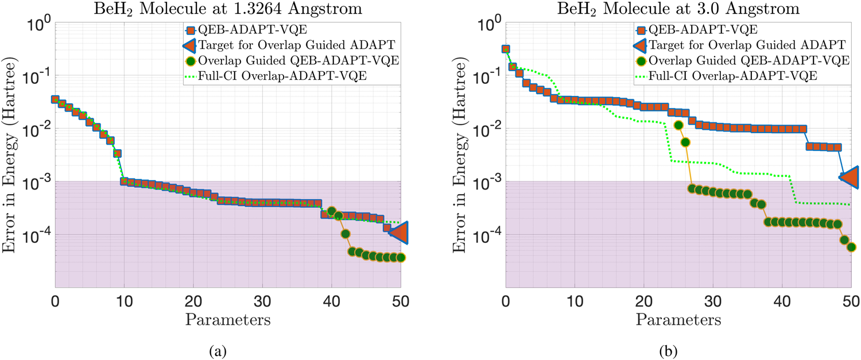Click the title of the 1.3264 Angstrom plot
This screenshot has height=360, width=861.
click(x=228, y=9)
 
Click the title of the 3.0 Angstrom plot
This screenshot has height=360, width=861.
click(x=678, y=9)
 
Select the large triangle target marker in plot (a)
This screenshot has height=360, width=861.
click(x=399, y=232)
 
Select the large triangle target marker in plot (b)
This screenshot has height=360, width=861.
click(x=850, y=178)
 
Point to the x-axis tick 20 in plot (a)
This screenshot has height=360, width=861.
click(x=193, y=300)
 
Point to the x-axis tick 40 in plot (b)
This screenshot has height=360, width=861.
click(x=782, y=300)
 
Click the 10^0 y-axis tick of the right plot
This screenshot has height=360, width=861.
click(x=488, y=25)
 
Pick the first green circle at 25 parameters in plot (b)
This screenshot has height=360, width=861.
click(x=678, y=125)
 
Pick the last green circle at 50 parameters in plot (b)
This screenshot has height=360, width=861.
click(x=851, y=247)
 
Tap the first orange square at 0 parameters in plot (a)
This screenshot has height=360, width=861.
click(x=55, y=99)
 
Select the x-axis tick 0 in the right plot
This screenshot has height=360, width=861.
click(x=506, y=300)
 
